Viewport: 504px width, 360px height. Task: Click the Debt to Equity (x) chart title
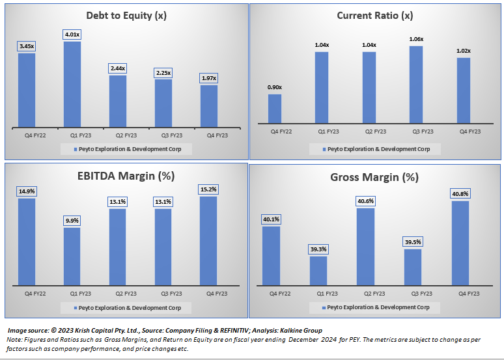(x=126, y=16)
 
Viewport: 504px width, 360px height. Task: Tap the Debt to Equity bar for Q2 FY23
(x=118, y=101)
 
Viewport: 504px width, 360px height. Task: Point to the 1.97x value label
(x=209, y=78)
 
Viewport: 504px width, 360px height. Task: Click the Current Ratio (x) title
(x=374, y=16)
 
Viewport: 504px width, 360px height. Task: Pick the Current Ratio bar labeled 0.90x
(x=275, y=108)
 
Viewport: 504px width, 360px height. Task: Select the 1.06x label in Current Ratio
(x=416, y=39)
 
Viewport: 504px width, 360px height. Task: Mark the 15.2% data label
(x=209, y=189)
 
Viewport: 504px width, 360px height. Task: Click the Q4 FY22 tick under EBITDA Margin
(x=27, y=293)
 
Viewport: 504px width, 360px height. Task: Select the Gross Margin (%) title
(x=374, y=177)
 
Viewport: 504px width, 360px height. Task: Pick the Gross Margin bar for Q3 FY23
(x=412, y=267)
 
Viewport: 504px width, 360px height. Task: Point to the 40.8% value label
(x=460, y=194)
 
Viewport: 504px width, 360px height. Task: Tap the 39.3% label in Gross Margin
(x=318, y=249)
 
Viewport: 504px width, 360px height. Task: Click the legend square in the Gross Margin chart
(x=324, y=307)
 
